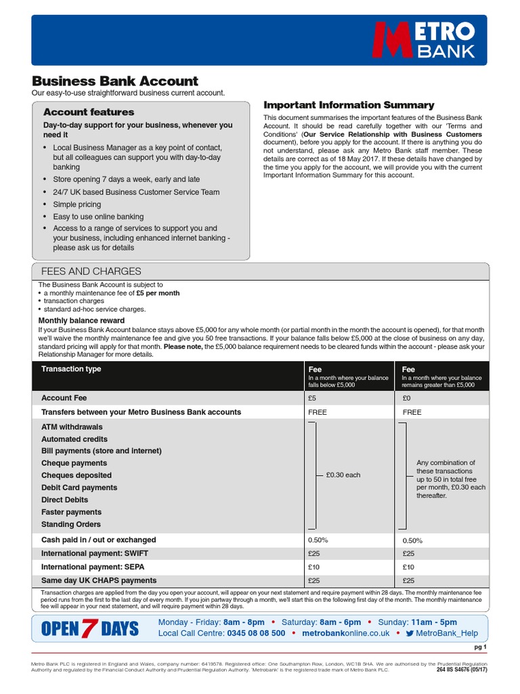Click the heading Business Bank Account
115,81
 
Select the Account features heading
89,112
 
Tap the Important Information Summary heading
348,105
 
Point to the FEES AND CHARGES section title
91,271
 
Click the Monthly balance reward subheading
81,321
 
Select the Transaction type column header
71,369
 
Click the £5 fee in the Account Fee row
312,399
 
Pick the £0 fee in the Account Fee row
407,399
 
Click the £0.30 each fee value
343,475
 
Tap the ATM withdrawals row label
72,427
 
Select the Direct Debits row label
64,500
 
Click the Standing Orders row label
70,525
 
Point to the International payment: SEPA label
93,567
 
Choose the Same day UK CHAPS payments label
98,580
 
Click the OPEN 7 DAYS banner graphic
90,628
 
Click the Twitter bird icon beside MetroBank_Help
410,633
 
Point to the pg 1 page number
479,647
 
